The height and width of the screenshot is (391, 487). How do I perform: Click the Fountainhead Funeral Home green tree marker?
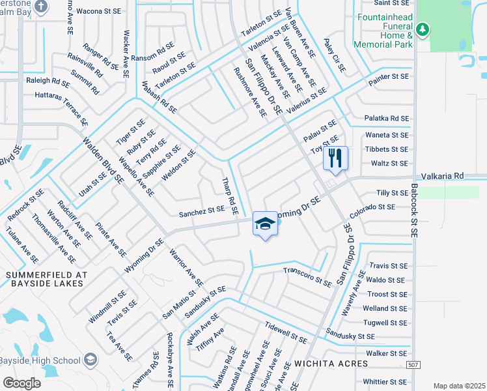click(x=423, y=29)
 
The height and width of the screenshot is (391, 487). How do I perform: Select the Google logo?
click(x=21, y=383)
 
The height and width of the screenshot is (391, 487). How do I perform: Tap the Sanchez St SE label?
click(x=202, y=211)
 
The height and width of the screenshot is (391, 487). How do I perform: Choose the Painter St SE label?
click(x=388, y=76)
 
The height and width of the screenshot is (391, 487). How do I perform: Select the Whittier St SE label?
click(x=385, y=381)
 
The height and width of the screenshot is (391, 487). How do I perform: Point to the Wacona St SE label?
click(x=99, y=11)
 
